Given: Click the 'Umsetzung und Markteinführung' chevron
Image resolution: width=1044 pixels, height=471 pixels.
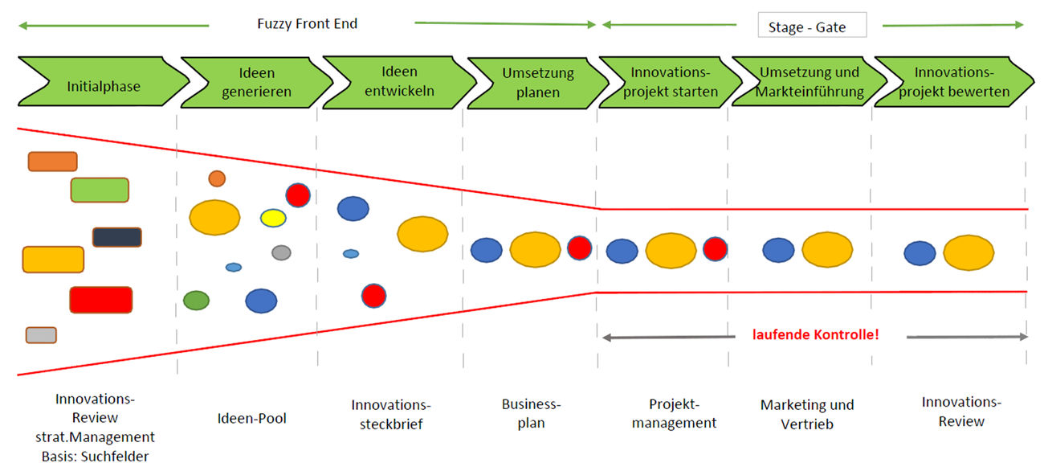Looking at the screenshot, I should (810, 82).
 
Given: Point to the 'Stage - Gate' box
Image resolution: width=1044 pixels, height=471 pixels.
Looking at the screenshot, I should (812, 27).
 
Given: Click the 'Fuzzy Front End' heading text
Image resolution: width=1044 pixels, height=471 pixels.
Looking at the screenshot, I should (307, 24).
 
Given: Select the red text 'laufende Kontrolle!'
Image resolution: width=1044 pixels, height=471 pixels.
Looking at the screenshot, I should (815, 334).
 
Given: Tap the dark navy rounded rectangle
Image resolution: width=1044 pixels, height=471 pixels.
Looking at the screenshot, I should (117, 237).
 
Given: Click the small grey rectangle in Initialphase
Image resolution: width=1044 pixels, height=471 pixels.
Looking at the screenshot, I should (41, 335).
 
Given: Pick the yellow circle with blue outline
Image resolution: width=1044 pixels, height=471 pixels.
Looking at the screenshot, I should (273, 218).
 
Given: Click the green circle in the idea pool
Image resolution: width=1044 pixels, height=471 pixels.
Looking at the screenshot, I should (196, 301).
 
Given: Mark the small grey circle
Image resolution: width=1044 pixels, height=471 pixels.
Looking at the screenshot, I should (281, 252).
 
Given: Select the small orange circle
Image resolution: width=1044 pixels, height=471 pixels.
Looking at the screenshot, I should (217, 178).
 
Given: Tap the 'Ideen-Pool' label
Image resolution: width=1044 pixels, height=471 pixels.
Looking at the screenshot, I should (251, 418).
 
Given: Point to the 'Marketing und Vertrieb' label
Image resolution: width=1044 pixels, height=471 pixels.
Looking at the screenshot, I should (807, 414).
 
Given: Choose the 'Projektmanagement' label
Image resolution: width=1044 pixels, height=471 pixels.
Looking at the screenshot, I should (674, 413).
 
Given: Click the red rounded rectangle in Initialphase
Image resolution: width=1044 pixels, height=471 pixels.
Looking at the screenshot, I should (100, 299).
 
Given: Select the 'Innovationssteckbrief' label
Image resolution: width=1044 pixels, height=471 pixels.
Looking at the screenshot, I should (391, 413).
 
